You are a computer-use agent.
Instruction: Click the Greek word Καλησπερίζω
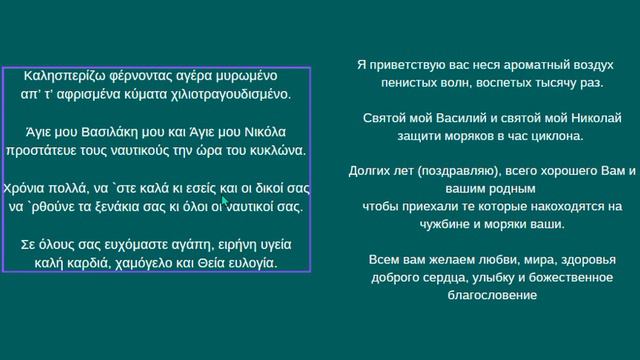click(x=63, y=76)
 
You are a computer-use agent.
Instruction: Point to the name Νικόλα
click(x=262, y=132)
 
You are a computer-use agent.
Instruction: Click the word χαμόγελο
click(x=131, y=263)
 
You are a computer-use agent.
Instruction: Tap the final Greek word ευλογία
click(x=249, y=263)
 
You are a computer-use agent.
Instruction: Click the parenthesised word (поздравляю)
click(x=451, y=172)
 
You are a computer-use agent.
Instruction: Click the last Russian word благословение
click(x=494, y=296)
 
